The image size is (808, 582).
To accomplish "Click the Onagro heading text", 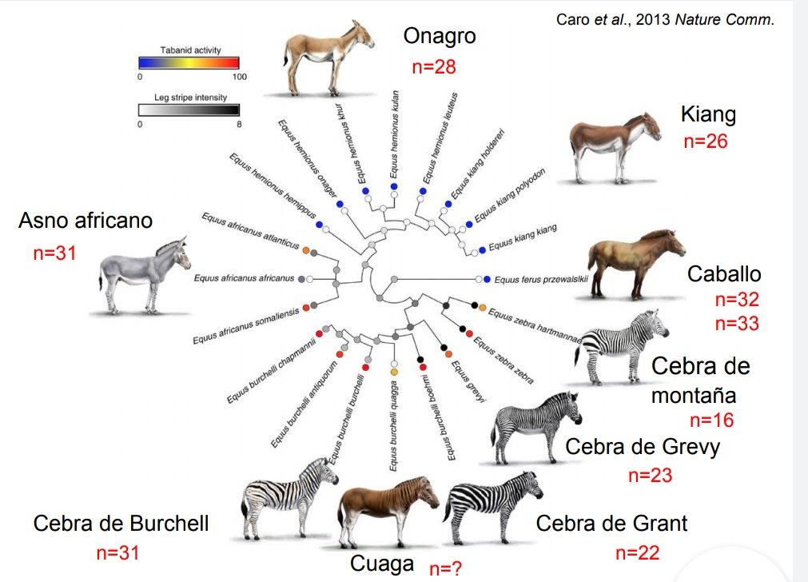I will [440, 36].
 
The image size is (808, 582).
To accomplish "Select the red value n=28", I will [434, 67].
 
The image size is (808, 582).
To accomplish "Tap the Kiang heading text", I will [708, 114].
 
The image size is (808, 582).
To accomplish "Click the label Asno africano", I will [85, 221].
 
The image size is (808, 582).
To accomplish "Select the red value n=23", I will [650, 476].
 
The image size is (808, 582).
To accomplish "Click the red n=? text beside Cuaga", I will [445, 568].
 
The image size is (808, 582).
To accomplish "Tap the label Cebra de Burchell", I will [121, 524].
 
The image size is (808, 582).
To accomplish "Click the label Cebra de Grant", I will [611, 524].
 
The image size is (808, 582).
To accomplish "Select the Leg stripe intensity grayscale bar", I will [189, 110].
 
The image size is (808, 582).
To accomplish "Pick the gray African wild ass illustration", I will [144, 276].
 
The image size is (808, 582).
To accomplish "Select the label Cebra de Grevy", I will [643, 446].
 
